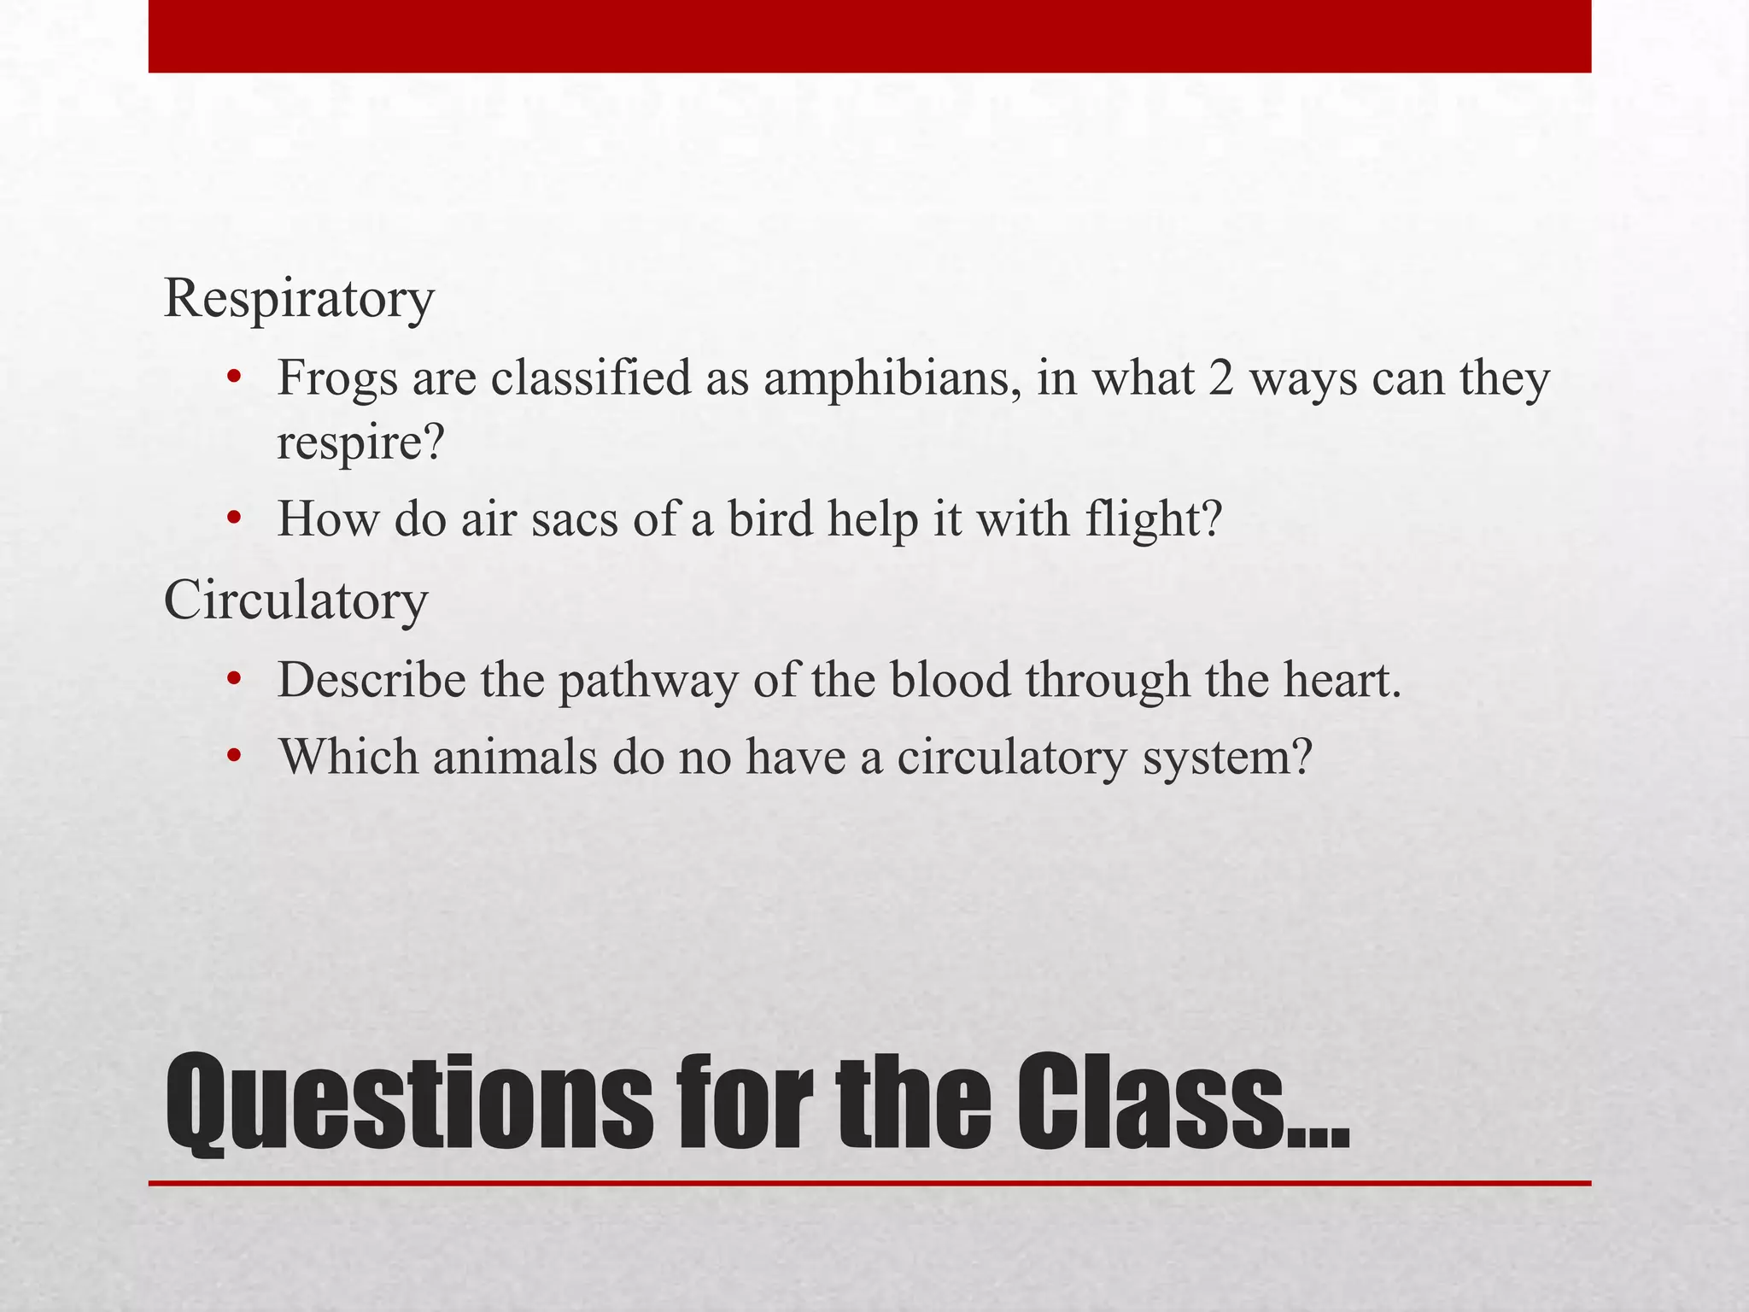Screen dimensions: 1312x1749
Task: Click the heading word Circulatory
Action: point(295,601)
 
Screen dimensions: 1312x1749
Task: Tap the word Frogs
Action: point(337,378)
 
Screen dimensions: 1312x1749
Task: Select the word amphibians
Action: point(892,378)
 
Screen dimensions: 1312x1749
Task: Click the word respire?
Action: point(361,443)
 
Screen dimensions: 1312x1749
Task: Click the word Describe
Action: point(371,681)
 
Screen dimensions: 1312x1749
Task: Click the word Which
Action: point(348,756)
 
